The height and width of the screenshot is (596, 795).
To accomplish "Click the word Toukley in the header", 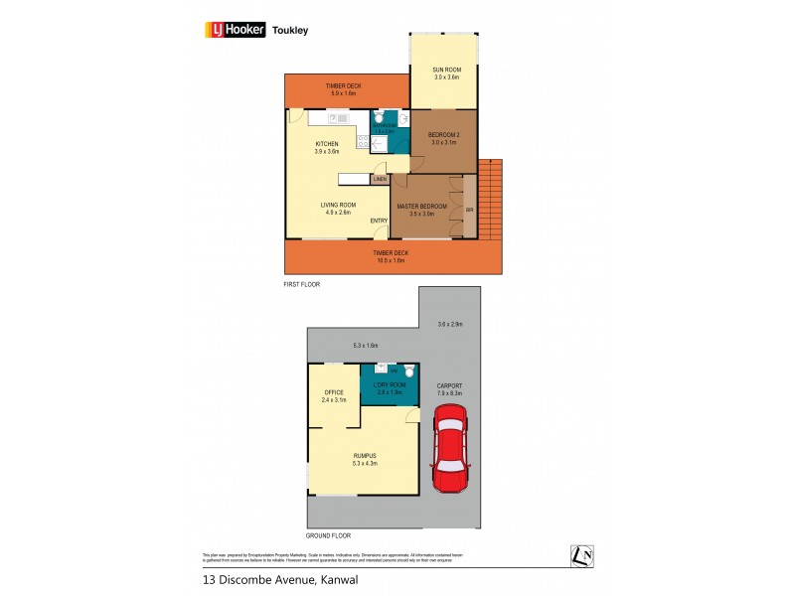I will pyautogui.click(x=293, y=30).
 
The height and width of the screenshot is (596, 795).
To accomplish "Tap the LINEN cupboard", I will pyautogui.click(x=380, y=179).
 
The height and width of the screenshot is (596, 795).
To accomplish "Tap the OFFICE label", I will pyautogui.click(x=334, y=393).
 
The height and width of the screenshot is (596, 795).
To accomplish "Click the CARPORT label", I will pyautogui.click(x=451, y=388).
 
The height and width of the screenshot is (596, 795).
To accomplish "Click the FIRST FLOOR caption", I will pyautogui.click(x=302, y=284).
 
